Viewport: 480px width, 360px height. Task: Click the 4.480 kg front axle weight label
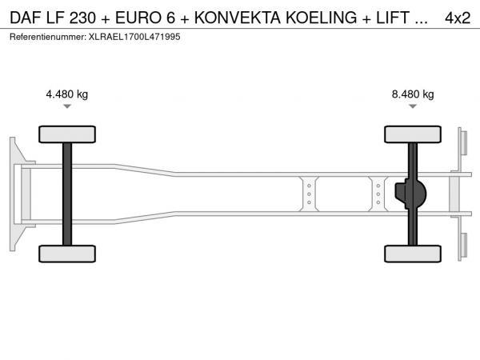(x=66, y=94)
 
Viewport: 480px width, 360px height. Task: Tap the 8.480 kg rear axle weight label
(x=413, y=94)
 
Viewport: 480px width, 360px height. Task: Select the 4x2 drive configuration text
(x=458, y=18)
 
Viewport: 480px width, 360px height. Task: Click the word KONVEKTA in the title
(x=238, y=18)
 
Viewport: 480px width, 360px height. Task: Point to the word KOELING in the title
(x=321, y=18)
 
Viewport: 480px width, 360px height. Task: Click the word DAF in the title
(x=26, y=18)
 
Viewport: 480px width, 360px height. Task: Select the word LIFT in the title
(x=393, y=18)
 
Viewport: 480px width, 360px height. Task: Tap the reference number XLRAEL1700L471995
(x=134, y=37)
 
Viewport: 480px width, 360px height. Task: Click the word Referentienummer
(x=48, y=37)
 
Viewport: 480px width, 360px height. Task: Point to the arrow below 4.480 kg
(x=67, y=106)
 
